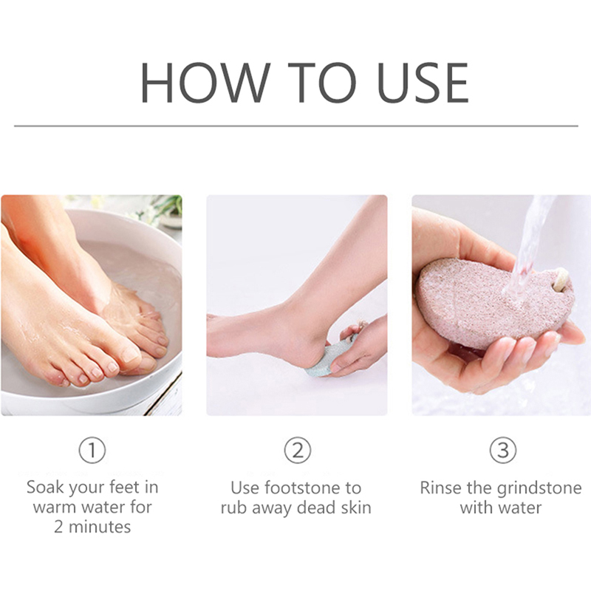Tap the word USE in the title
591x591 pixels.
tap(423, 83)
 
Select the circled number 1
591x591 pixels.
tap(92, 450)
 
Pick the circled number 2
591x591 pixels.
tap(298, 450)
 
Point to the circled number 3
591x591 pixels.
tap(503, 450)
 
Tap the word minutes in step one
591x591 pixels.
tap(100, 527)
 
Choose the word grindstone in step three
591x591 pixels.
tap(539, 489)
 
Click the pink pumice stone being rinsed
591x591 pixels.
tap(490, 301)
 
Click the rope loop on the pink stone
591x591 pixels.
tap(561, 279)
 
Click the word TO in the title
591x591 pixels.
tap(322, 83)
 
